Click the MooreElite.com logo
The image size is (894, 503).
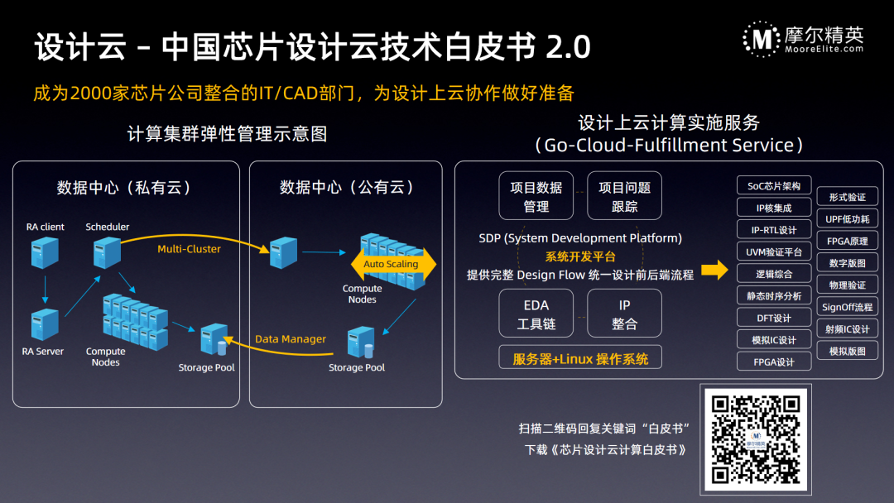803,38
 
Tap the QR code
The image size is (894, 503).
755,438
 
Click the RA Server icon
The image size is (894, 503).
45,324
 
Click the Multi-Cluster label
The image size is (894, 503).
189,249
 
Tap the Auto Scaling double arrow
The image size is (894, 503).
391,264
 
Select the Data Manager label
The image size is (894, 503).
291,339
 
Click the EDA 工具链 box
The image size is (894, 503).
536,314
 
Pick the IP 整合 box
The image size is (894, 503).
625,314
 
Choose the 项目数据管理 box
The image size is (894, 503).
536,197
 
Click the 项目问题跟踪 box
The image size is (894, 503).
625,197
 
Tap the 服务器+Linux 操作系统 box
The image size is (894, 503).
580,358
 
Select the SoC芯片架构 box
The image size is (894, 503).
774,186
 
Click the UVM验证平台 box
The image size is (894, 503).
774,251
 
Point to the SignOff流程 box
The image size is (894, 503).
847,307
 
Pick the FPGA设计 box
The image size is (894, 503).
774,362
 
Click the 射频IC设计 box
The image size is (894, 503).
847,329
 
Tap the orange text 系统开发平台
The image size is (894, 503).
579,256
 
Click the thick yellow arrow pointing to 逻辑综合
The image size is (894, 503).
714,271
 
